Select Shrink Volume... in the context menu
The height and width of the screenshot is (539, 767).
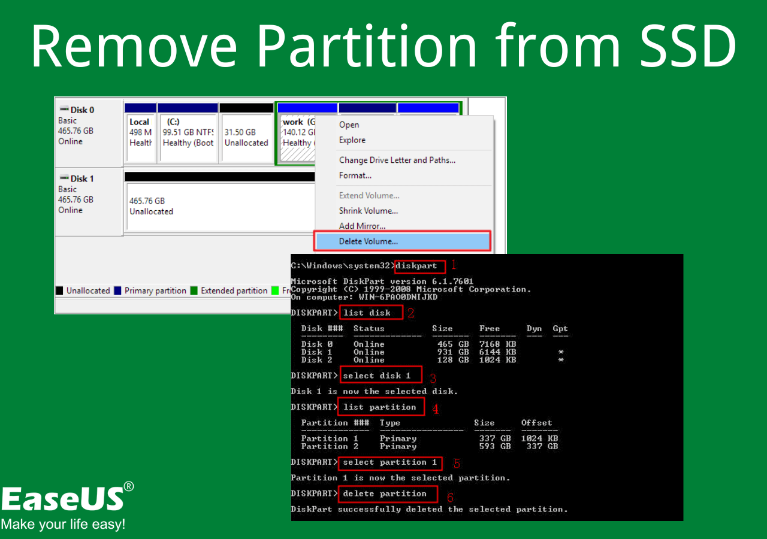pyautogui.click(x=369, y=211)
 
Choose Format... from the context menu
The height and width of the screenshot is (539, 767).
pyautogui.click(x=355, y=175)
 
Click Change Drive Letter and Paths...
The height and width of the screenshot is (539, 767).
pyautogui.click(x=397, y=160)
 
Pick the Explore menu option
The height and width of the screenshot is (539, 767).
pyautogui.click(x=352, y=140)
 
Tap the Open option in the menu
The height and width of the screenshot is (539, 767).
pyautogui.click(x=349, y=125)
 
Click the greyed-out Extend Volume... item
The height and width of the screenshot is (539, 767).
pyautogui.click(x=369, y=195)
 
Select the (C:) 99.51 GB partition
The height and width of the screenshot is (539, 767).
pyautogui.click(x=188, y=138)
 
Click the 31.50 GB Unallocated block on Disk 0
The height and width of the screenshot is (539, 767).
pyautogui.click(x=246, y=138)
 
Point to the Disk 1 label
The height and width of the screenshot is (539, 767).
pyautogui.click(x=82, y=178)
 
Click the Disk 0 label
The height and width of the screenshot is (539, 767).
pyautogui.click(x=82, y=110)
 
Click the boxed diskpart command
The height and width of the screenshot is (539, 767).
pyautogui.click(x=420, y=267)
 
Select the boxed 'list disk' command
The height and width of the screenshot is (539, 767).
pyautogui.click(x=371, y=313)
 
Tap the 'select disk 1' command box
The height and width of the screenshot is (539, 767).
pyautogui.click(x=381, y=375)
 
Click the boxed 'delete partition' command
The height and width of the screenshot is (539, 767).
pyautogui.click(x=388, y=494)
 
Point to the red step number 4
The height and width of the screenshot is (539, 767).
pyautogui.click(x=436, y=409)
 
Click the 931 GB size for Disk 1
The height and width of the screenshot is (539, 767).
pyautogui.click(x=453, y=352)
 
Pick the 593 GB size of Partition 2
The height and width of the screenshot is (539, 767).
pyautogui.click(x=495, y=447)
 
